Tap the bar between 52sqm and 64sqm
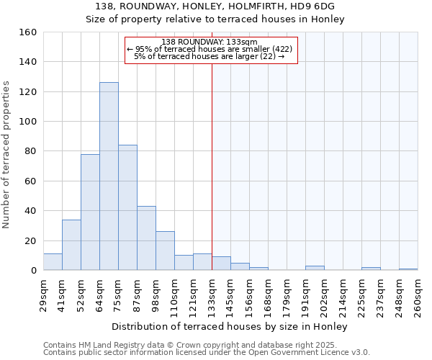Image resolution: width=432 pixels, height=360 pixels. [90, 212]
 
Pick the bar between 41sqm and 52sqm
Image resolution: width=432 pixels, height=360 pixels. [71, 245]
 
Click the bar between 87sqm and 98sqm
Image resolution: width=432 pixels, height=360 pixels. [146, 238]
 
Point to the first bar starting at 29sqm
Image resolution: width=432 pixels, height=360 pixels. [53, 262]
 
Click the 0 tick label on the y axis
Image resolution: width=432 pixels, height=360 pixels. [33, 271]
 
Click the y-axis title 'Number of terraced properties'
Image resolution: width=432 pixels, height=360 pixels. [6, 155]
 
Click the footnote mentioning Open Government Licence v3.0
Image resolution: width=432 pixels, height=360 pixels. [207, 353]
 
